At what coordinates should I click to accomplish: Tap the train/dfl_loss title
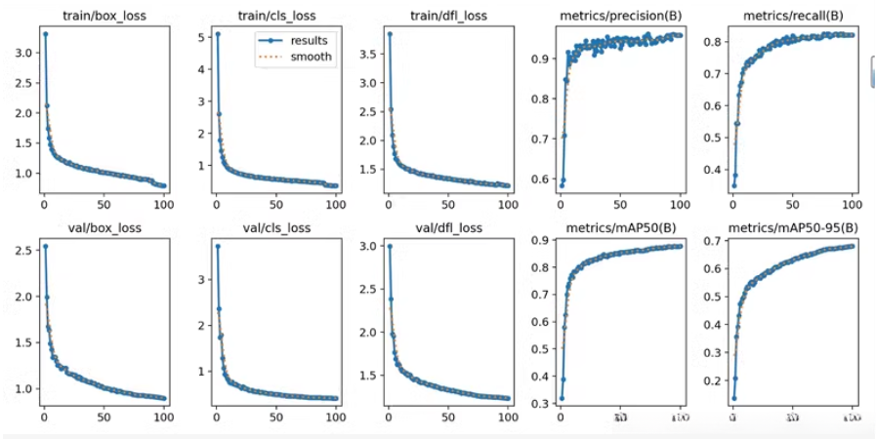(447, 17)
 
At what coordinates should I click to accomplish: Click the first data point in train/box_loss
(45, 34)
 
